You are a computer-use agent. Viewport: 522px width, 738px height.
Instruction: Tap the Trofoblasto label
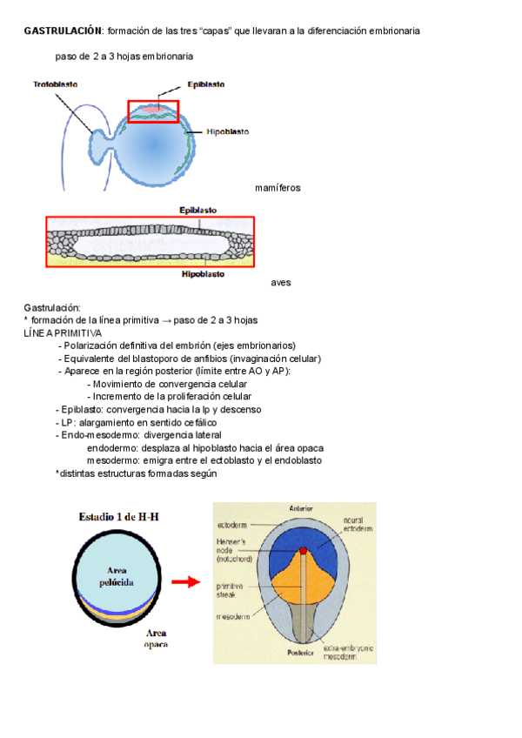57,84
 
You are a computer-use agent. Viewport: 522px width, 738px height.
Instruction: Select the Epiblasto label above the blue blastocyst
205,85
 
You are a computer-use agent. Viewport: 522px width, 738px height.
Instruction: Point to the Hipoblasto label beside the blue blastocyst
228,132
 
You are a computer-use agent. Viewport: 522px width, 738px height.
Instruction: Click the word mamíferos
278,188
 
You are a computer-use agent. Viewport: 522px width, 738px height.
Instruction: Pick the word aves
281,283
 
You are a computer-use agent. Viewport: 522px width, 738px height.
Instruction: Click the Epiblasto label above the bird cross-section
198,210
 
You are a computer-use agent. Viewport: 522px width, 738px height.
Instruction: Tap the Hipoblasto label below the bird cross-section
203,274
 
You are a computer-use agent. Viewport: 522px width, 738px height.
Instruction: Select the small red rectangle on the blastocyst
153,111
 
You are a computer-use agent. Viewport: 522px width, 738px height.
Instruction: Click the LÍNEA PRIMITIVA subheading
63,332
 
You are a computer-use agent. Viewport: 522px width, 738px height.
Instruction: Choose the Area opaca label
157,639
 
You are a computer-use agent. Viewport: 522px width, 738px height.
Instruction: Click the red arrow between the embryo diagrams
186,581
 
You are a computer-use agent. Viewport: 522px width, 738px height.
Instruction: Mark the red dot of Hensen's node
303,551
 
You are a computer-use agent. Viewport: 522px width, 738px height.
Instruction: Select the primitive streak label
231,591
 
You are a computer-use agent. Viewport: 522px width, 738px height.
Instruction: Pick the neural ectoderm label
358,525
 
